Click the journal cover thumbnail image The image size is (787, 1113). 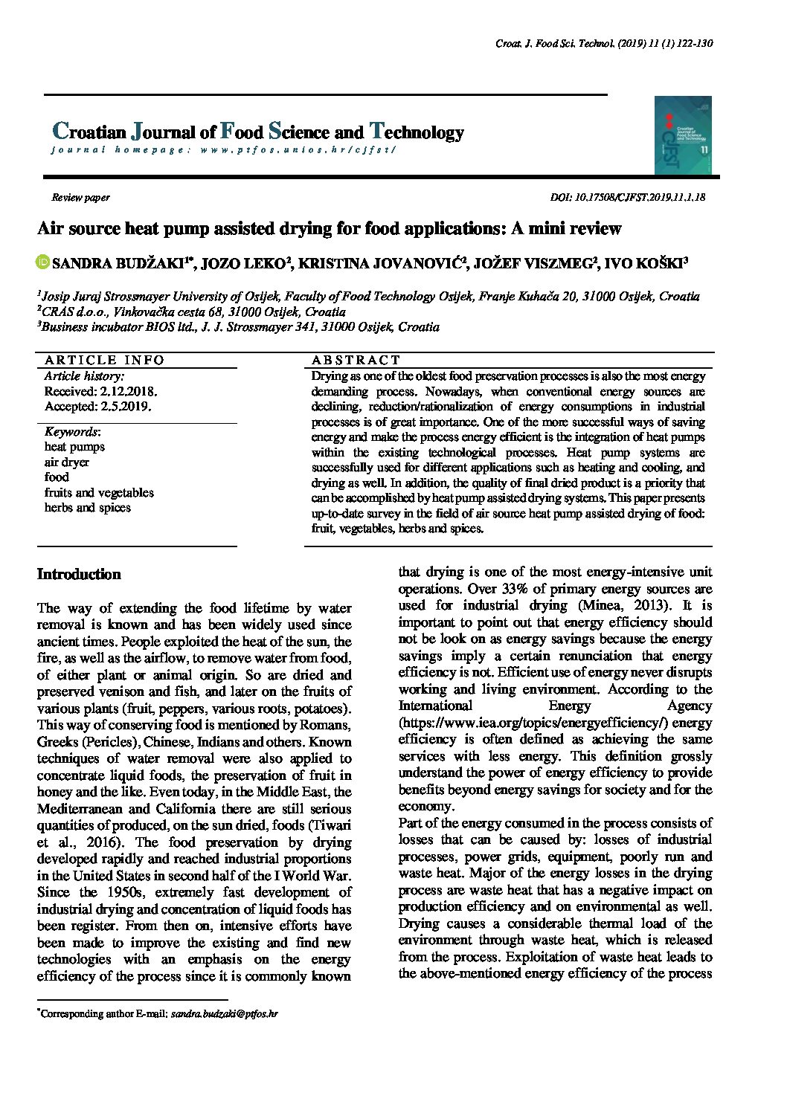click(x=682, y=135)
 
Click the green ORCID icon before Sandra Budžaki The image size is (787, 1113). click(x=43, y=262)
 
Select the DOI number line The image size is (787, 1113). click(x=627, y=198)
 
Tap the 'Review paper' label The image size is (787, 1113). click(x=80, y=198)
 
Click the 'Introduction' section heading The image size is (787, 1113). click(x=79, y=575)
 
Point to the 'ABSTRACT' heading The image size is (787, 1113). click(x=356, y=360)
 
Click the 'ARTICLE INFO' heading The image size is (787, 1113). click(x=104, y=360)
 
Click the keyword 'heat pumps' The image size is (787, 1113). click(x=74, y=447)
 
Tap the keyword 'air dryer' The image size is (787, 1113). click(x=67, y=462)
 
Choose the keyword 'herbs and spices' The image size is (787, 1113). click(x=88, y=508)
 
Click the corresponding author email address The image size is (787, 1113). click(x=224, y=1013)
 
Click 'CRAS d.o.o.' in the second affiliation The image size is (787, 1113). click(x=69, y=312)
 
